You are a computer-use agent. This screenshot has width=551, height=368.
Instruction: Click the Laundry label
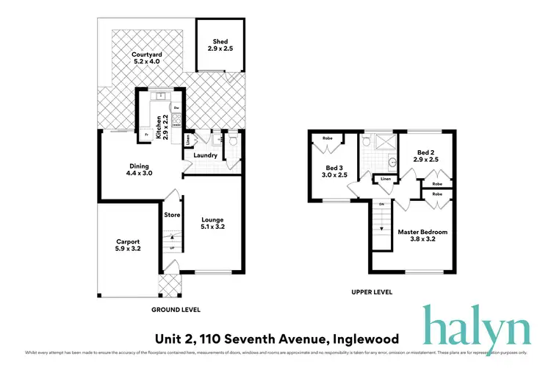coord(205,155)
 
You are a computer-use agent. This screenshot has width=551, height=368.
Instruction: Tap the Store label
coord(172,215)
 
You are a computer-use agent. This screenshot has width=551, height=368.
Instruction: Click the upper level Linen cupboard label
coord(385,179)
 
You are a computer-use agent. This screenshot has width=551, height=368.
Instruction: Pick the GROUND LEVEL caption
coord(176,310)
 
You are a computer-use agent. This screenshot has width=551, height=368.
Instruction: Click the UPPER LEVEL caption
coord(371,292)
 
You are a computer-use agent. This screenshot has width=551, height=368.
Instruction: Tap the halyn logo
coord(475,325)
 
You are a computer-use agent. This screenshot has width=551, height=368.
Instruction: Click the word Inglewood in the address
coord(364,339)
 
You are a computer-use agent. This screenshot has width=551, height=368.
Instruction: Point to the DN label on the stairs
coord(381,204)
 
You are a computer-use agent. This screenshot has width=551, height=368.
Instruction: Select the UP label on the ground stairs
coord(172,248)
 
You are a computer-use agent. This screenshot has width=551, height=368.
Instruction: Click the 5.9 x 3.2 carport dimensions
coord(128,250)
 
